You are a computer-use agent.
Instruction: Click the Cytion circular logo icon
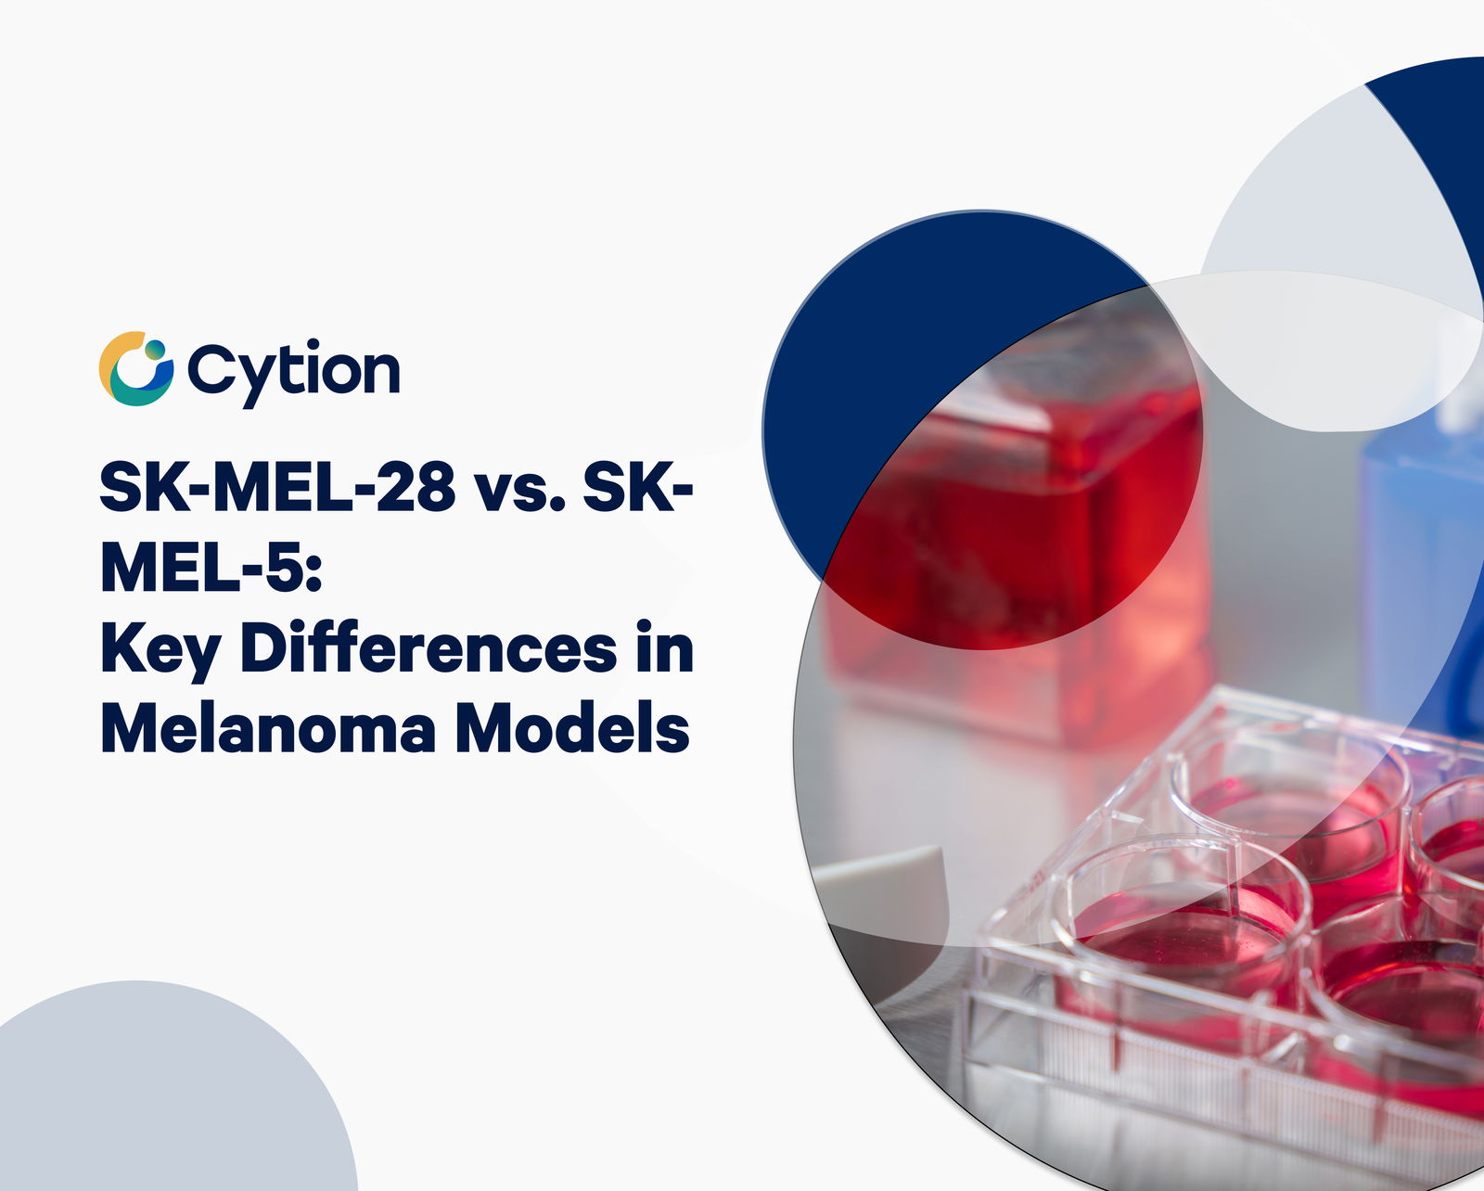click(x=135, y=369)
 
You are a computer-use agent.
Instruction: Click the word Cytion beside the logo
click(x=293, y=372)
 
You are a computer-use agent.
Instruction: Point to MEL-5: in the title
click(x=211, y=568)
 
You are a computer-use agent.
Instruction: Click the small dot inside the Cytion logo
click(x=155, y=350)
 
